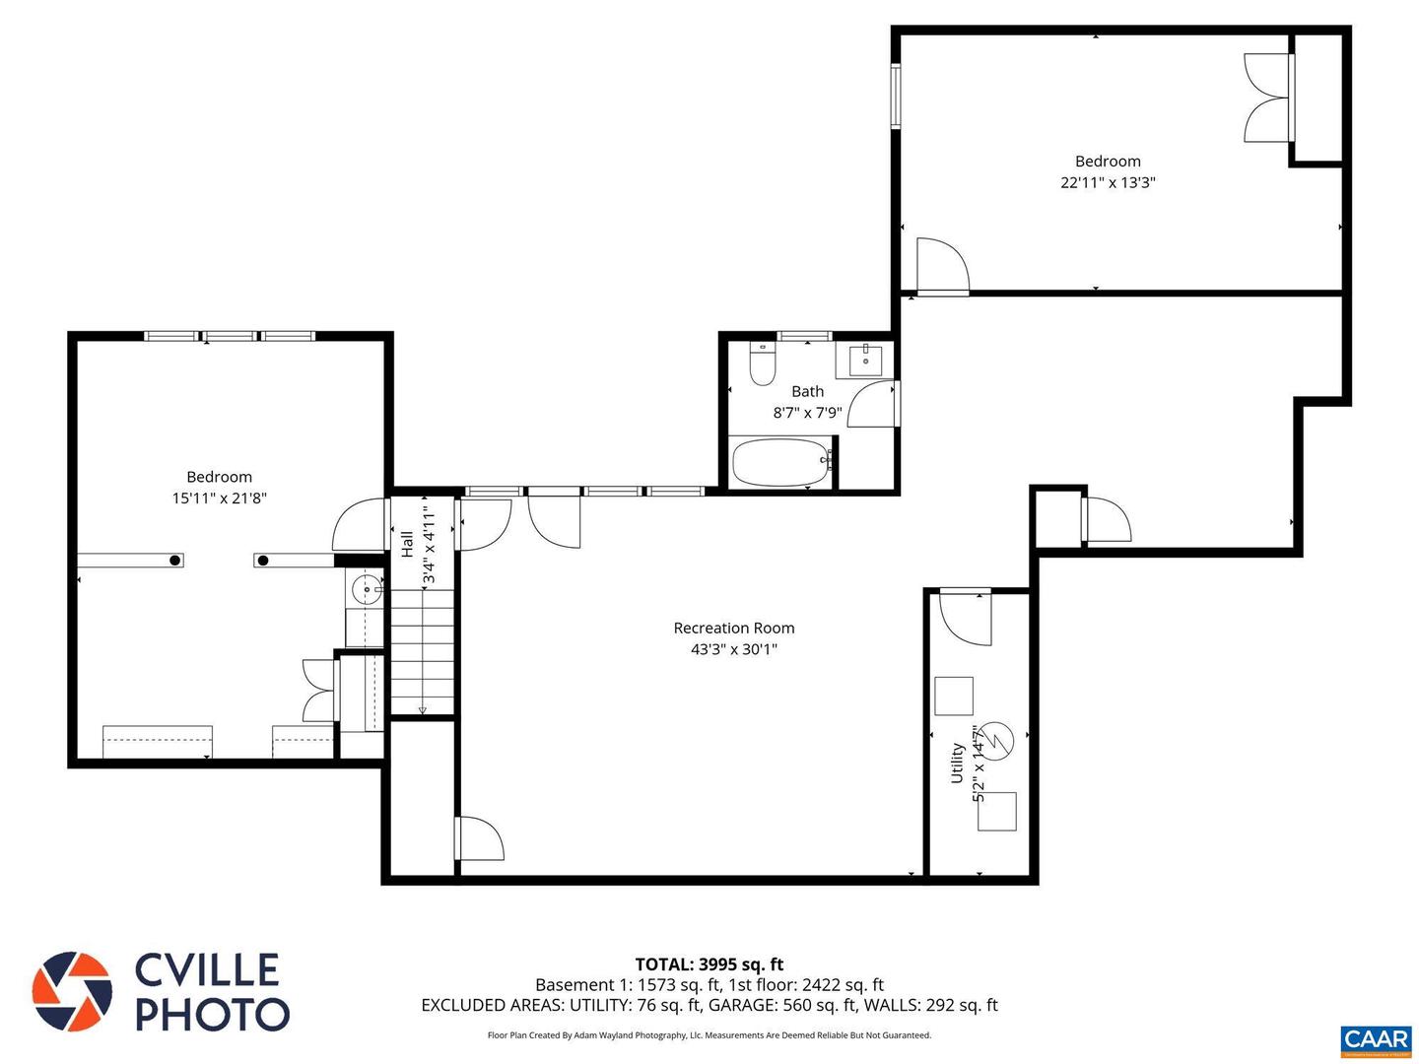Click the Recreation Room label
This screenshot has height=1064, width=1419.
(733, 628)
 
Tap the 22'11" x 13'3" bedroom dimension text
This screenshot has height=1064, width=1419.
(1107, 182)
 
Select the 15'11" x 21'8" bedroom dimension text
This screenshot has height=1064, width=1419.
(219, 499)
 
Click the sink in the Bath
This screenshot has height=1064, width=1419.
(864, 360)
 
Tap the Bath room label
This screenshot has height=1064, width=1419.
(807, 391)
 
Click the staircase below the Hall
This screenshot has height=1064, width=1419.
(423, 651)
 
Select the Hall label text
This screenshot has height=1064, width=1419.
(407, 544)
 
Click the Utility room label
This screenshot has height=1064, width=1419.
(956, 764)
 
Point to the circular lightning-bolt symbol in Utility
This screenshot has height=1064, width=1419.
(998, 741)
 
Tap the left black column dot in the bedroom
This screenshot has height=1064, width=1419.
(174, 561)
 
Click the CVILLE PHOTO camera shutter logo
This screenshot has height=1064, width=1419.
(72, 991)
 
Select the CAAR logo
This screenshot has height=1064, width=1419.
(1376, 1039)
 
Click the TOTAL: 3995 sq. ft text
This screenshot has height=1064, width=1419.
(709, 964)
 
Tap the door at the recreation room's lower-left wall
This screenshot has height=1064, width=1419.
(480, 838)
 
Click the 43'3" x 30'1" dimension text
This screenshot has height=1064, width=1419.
(733, 649)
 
